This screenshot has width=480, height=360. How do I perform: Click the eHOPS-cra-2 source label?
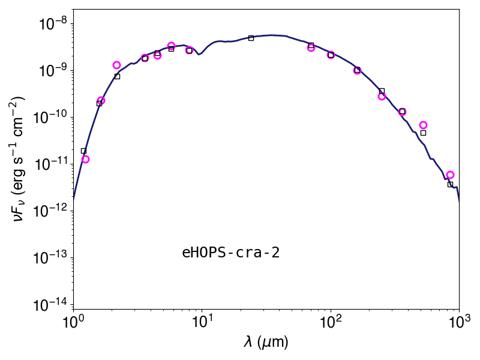pyautogui.click(x=231, y=253)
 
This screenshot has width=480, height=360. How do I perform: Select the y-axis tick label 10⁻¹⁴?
pyautogui.click(x=53, y=305)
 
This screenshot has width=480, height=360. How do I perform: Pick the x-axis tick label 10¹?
pyautogui.click(x=202, y=322)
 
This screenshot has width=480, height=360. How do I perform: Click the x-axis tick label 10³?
pyautogui.click(x=459, y=322)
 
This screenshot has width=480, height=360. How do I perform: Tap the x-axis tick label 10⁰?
pyautogui.click(x=73, y=322)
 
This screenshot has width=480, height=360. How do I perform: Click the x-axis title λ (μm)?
pyautogui.click(x=266, y=341)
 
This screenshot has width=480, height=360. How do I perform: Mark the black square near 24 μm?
pyautogui.click(x=251, y=38)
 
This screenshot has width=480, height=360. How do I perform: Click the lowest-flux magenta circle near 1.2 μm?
pyautogui.click(x=85, y=159)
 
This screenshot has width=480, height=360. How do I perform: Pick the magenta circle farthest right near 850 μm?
pyautogui.click(x=450, y=175)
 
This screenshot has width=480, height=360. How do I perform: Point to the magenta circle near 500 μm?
pyautogui.click(x=424, y=125)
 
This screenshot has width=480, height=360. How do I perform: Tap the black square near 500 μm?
pyautogui.click(x=424, y=133)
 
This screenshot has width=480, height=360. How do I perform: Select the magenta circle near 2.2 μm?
pyautogui.click(x=116, y=65)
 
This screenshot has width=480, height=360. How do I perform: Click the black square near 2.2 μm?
pyautogui.click(x=117, y=76)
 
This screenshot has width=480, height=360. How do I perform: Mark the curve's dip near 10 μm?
pyautogui.click(x=199, y=55)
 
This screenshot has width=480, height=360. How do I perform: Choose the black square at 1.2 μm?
pyautogui.click(x=83, y=151)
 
